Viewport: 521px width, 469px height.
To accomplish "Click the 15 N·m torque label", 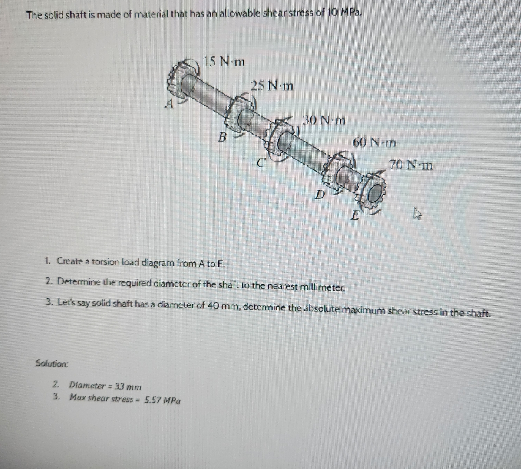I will [x=224, y=62].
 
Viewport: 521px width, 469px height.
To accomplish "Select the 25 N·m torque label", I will [x=272, y=86].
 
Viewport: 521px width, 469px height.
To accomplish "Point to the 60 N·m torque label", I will [x=374, y=142].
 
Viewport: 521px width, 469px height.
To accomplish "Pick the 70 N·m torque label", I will [x=411, y=165].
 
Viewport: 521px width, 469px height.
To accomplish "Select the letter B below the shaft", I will [x=222, y=138].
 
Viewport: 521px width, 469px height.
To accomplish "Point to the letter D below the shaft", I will [x=320, y=194].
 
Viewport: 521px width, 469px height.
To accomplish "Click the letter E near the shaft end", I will [x=355, y=215].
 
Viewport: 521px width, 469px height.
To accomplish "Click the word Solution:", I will [x=52, y=363].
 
